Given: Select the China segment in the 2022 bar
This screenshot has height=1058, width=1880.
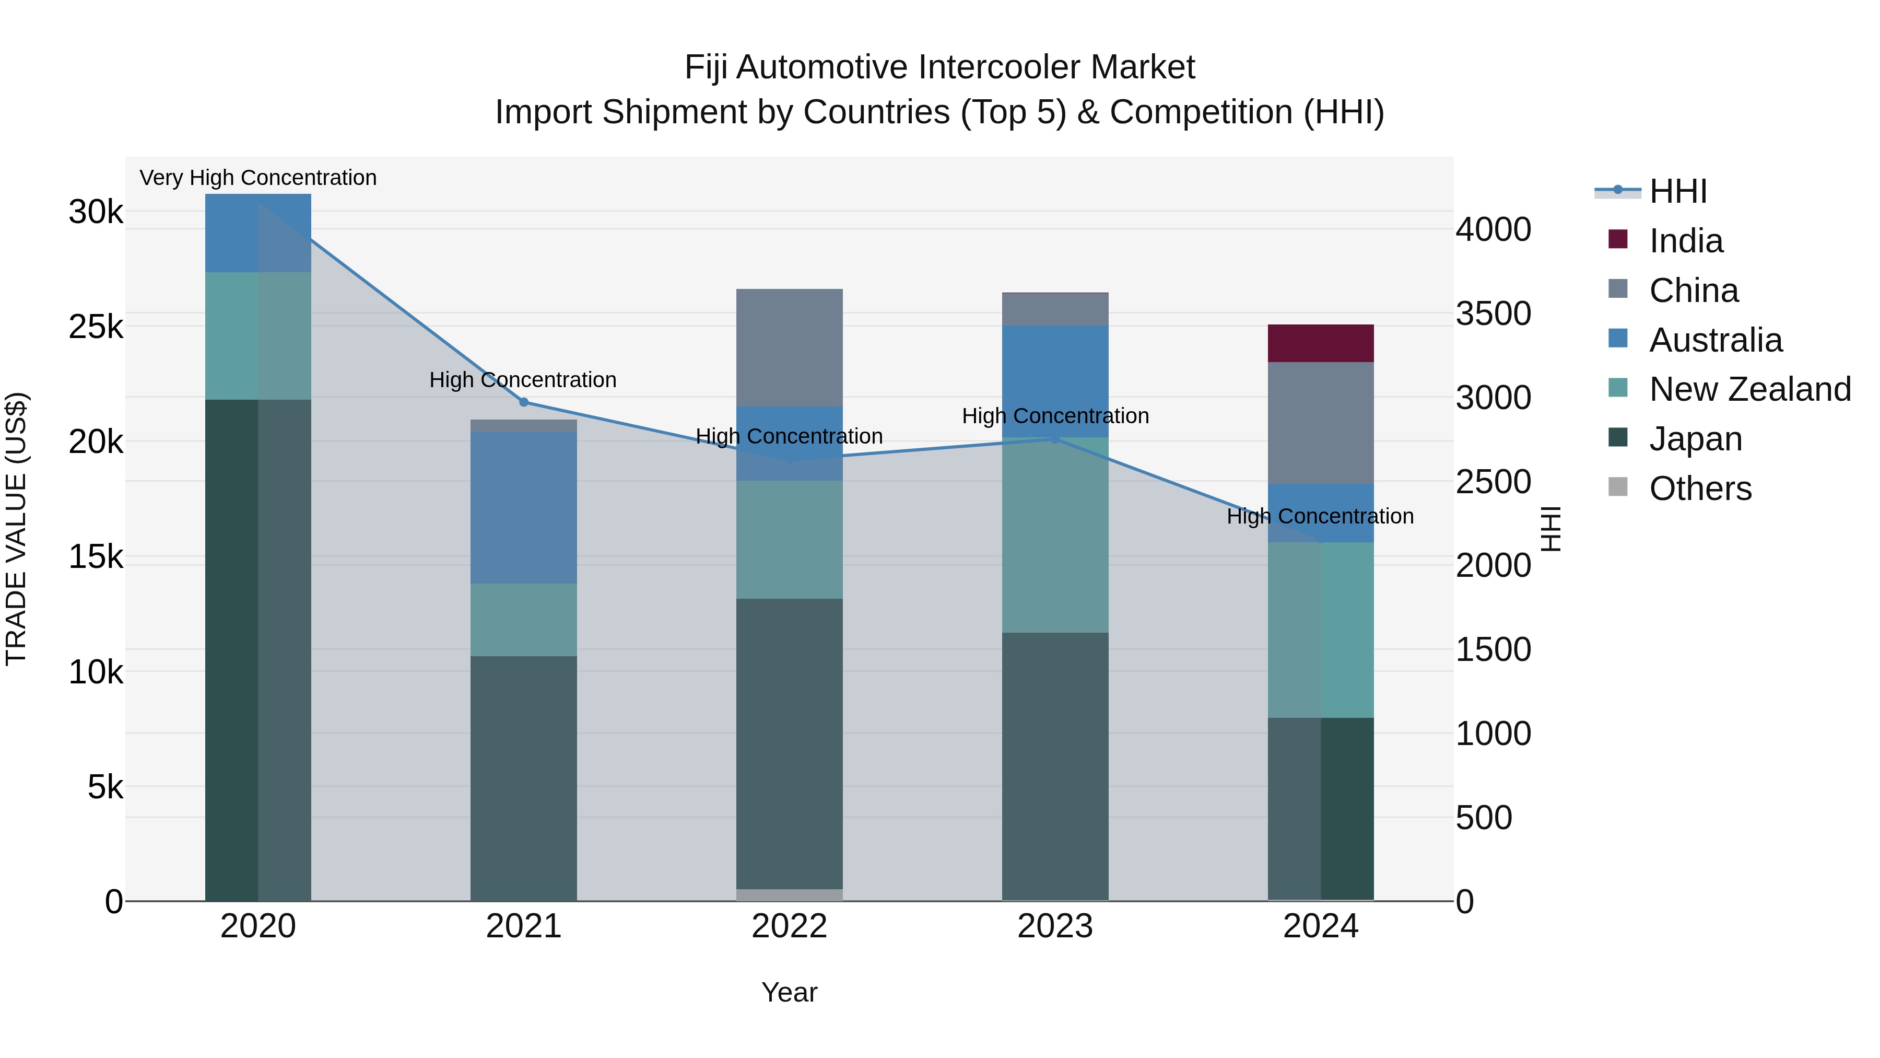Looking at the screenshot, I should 789,347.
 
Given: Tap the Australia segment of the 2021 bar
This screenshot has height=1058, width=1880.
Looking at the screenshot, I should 523,507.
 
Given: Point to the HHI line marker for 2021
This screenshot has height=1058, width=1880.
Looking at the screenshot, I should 523,402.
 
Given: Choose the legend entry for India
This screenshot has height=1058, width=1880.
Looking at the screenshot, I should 1685,241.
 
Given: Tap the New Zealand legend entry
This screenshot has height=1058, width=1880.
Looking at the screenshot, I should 1749,389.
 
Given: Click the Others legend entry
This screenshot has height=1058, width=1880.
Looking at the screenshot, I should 1700,489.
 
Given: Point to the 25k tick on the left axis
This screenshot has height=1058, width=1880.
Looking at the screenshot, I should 96,327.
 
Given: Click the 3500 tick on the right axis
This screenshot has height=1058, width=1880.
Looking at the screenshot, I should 1493,313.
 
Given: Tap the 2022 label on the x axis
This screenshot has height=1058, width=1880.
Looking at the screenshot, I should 789,926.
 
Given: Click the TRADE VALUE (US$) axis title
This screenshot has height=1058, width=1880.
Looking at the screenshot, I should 16,529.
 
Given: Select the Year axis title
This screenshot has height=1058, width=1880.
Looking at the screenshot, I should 789,992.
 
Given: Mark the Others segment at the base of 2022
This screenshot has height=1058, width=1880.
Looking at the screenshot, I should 789,894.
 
